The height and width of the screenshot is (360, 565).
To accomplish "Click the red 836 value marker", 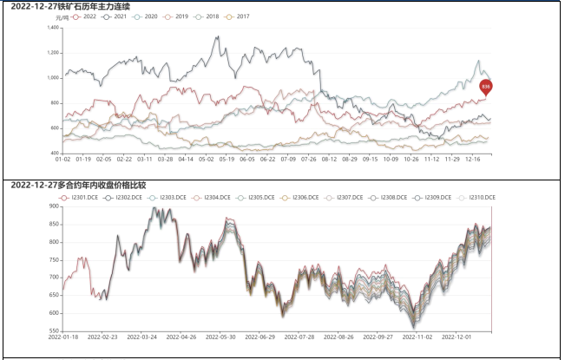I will [x=485, y=86].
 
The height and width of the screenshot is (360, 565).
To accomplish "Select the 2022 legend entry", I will [x=85, y=16].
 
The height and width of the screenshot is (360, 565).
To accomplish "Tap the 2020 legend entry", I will [x=148, y=16].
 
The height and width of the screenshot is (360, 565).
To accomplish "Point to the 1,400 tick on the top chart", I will [x=52, y=28].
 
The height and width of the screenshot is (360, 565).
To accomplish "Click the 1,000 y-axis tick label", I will [x=52, y=78].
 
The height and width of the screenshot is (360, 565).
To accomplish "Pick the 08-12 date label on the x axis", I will [x=327, y=159].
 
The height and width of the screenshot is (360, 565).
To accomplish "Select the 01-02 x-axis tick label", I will [x=62, y=159].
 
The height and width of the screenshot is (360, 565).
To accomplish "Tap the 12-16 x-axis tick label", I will [x=472, y=159].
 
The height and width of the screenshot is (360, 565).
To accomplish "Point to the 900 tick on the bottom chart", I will [x=53, y=206].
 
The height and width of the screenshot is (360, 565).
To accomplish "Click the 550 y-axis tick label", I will [x=53, y=331].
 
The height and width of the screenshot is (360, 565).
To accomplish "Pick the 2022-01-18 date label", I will [x=64, y=337].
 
